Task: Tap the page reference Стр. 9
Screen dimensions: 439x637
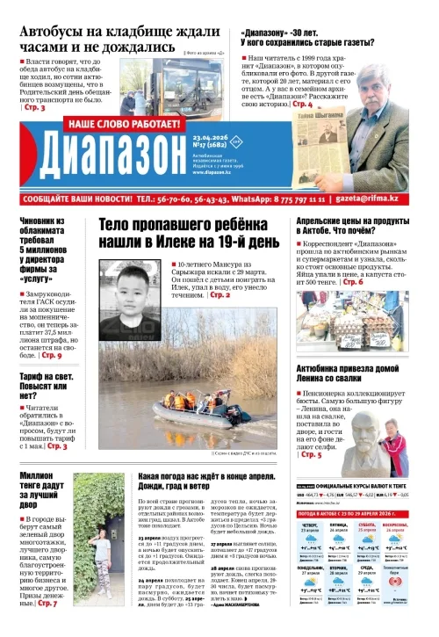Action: (x=51, y=355)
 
